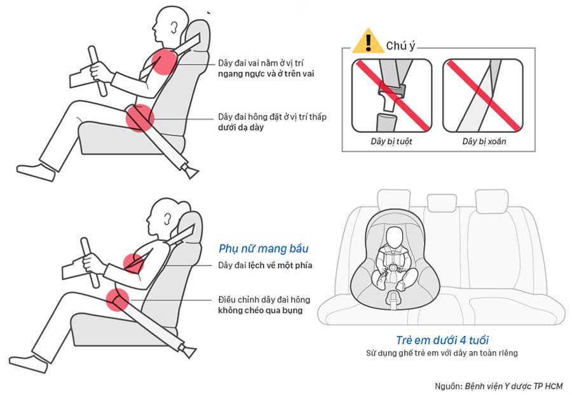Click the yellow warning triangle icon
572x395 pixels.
pos(369,41)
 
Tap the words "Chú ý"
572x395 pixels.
pos(400,46)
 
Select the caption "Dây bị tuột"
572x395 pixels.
pos(391,142)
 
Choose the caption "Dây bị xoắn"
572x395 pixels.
pos(484,142)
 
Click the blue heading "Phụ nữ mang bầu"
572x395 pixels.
pos(263,248)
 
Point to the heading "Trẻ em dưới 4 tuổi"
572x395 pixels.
pos(442,340)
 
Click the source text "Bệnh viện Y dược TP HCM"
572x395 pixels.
pos(514,386)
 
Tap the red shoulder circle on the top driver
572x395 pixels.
pos(164,62)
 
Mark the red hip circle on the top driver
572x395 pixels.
pos(140,118)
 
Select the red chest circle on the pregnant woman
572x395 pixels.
pos(133,263)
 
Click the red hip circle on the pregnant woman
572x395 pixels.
pos(118,300)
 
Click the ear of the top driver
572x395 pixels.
pos(175,27)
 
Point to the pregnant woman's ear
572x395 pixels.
pos(167,219)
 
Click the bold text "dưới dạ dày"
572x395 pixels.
pos(241,128)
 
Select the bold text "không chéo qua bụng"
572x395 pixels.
pos(261,311)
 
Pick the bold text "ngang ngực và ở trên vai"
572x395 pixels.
pos(266,74)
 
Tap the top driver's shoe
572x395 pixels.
pos(36,172)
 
